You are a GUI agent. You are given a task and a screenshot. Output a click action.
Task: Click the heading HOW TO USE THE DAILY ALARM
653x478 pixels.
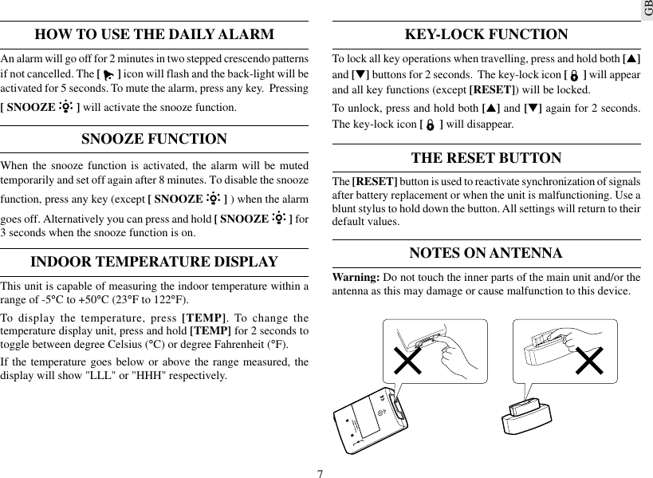pyautogui.click(x=155, y=35)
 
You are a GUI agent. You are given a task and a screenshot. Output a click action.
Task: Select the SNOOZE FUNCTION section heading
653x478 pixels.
pyautogui.click(x=155, y=140)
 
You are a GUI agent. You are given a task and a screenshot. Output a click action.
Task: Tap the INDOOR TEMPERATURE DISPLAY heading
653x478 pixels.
pyautogui.click(x=155, y=263)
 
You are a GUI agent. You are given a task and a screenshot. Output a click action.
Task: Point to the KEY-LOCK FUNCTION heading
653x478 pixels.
pyautogui.click(x=486, y=35)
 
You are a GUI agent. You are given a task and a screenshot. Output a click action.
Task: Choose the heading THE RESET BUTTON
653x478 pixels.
pyautogui.click(x=486, y=158)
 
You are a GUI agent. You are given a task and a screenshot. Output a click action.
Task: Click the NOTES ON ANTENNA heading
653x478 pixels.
pyautogui.click(x=486, y=254)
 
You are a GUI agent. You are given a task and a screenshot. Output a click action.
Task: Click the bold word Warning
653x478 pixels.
pyautogui.click(x=356, y=278)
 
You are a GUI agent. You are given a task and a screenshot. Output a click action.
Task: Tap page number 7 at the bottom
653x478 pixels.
pyautogui.click(x=320, y=473)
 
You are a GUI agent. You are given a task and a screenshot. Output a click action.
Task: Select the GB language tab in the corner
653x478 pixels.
pyautogui.click(x=645, y=10)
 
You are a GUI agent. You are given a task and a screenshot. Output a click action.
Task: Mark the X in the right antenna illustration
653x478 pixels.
pyautogui.click(x=590, y=361)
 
